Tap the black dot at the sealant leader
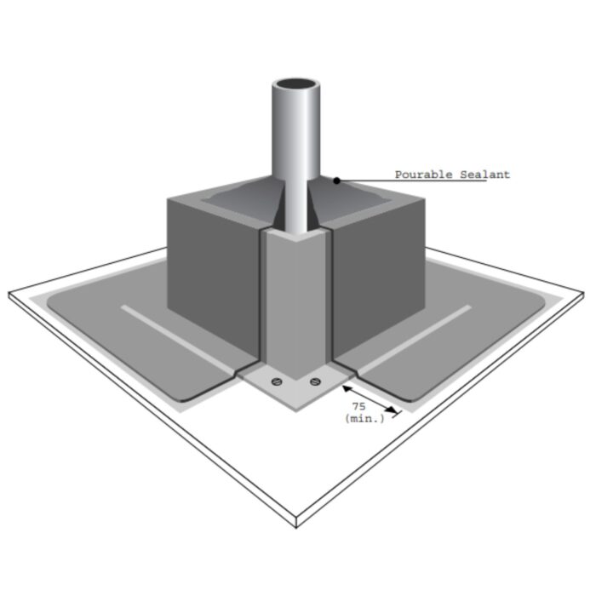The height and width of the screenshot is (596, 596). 337,181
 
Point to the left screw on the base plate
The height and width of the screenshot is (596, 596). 275,381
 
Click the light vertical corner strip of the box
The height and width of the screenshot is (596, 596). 295,298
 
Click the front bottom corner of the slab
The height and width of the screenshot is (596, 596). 295,521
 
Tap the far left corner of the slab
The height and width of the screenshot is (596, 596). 10,294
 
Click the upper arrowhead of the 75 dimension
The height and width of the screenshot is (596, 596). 345,387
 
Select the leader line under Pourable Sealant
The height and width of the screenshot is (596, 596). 409,181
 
